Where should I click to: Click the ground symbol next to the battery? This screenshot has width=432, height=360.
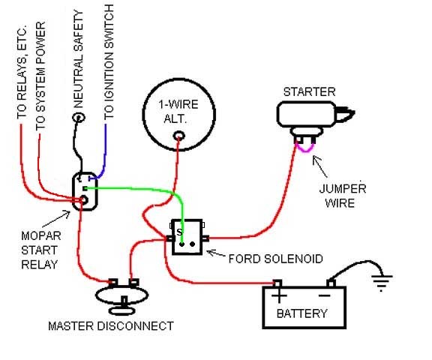(382, 282)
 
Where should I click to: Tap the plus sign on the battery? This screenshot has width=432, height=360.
(279, 296)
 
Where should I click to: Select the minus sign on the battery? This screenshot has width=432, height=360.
(325, 295)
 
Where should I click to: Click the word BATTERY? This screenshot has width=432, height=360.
(302, 313)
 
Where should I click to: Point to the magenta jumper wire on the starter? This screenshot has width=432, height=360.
(305, 149)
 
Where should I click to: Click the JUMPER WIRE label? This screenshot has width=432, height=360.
(343, 196)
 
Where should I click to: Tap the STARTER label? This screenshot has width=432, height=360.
(310, 91)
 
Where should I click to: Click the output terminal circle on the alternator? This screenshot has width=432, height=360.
(178, 136)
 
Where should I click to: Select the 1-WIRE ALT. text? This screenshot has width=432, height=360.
(178, 111)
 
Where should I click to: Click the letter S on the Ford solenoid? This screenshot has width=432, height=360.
(179, 232)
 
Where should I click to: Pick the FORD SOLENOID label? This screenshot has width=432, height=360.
(276, 259)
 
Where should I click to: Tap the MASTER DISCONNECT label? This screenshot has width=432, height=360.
(111, 325)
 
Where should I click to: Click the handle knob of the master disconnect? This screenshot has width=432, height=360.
(122, 311)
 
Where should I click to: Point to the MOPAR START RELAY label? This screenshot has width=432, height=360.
(41, 250)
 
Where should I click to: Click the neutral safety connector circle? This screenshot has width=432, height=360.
(79, 118)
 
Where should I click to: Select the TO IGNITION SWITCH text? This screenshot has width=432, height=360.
(109, 62)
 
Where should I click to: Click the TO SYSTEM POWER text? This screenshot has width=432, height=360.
(40, 76)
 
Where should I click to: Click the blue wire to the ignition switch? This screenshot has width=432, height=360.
(103, 153)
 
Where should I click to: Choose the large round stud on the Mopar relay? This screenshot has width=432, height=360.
(83, 199)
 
